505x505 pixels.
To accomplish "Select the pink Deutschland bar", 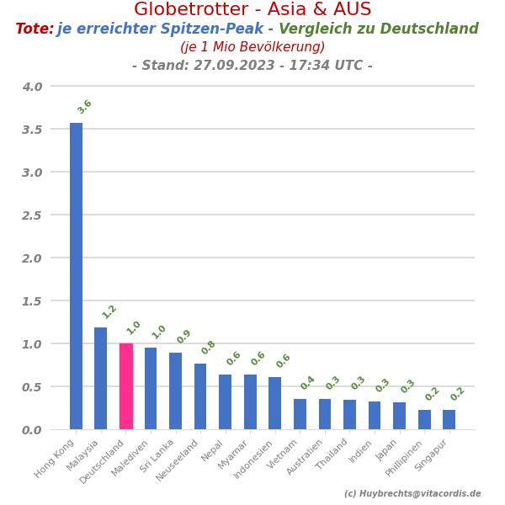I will click(x=125, y=386).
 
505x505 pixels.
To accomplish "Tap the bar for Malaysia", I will click(x=101, y=378).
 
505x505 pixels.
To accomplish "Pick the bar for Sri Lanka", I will click(x=175, y=391).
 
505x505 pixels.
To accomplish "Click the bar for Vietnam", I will click(x=300, y=414).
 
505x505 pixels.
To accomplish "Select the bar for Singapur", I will click(x=449, y=419).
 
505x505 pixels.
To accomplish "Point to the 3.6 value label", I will click(x=84, y=107).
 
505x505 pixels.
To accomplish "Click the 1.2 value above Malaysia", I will click(x=109, y=311).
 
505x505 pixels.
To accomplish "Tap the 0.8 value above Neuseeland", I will click(x=209, y=348).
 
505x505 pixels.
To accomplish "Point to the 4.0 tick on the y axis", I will click(x=32, y=87).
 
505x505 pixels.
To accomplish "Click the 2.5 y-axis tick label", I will click(x=32, y=215).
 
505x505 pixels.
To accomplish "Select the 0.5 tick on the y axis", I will click(x=32, y=387).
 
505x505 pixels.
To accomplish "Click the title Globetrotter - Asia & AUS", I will click(x=252, y=10).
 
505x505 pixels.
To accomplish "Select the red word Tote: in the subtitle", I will click(x=35, y=29).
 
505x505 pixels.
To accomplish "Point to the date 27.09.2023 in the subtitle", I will click(x=220, y=66).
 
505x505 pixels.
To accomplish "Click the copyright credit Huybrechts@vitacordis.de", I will click(x=412, y=494).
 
